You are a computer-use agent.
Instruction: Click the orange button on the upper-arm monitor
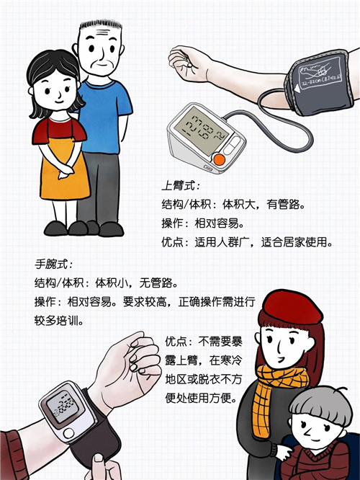coord(220,159)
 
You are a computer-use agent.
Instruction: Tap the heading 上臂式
coord(179,186)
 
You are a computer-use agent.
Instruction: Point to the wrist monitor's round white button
coord(68,433)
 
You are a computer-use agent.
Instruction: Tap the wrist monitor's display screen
coord(65,406)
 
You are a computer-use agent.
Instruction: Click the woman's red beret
coord(292,308)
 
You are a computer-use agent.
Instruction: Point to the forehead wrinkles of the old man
coord(103,32)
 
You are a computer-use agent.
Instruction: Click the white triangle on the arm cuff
coord(297,89)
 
